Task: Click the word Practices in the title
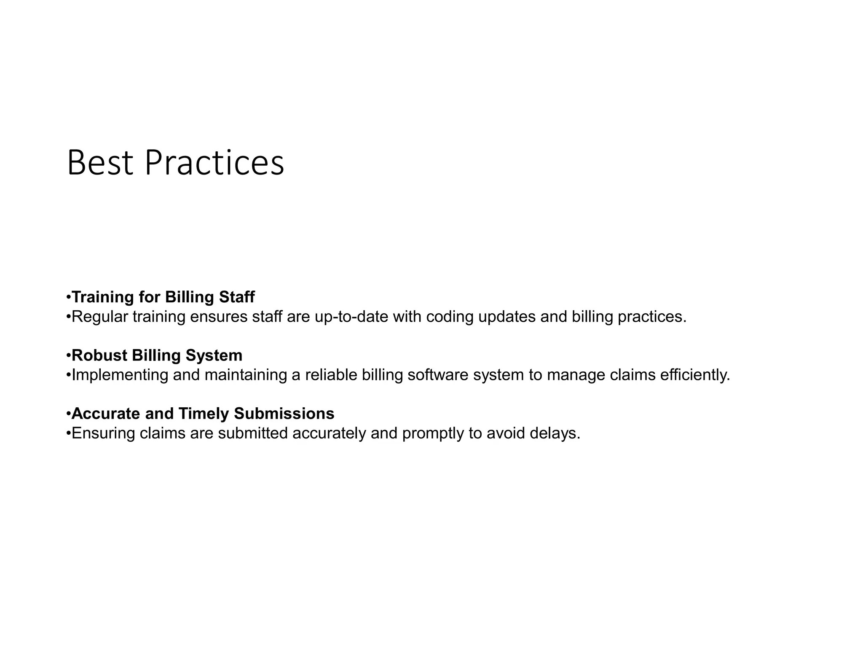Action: tap(214, 163)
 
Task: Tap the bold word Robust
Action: tap(99, 355)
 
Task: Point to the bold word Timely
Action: tap(204, 414)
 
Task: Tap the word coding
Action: tap(450, 317)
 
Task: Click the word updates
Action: tap(507, 317)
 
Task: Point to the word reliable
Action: tap(331, 375)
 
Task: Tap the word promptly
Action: tap(433, 433)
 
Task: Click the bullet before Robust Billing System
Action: tap(69, 355)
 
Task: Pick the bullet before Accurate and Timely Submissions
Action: tap(69, 414)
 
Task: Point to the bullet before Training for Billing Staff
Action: tap(69, 297)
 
